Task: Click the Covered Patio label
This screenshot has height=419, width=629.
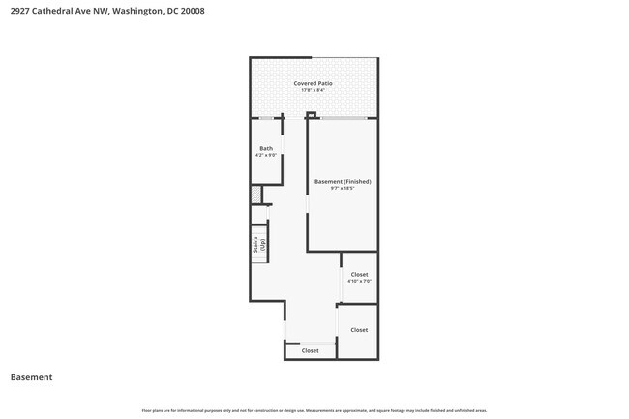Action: [x=313, y=83]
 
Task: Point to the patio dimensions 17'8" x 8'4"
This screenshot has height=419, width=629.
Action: [x=313, y=91]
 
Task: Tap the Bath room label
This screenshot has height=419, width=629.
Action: [x=266, y=148]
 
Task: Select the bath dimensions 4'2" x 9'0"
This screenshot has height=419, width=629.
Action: [x=266, y=155]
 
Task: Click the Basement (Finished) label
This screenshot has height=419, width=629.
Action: [x=343, y=181]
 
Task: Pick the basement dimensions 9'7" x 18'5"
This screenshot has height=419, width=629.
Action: [x=343, y=189]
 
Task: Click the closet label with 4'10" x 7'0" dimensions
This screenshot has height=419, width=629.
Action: [x=359, y=274]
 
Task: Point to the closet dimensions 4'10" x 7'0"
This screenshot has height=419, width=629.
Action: [x=359, y=282]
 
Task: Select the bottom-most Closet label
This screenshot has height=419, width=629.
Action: [x=310, y=350]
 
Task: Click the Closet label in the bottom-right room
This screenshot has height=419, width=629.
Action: [x=359, y=329]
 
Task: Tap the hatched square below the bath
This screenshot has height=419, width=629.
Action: [x=256, y=195]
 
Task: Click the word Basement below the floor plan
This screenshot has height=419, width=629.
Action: [x=32, y=377]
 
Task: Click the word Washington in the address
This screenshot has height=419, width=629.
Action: [x=134, y=12]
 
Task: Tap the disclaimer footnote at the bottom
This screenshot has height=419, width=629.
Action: [x=314, y=409]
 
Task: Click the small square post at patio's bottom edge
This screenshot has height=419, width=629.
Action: [x=312, y=116]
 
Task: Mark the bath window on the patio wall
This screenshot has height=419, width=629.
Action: [x=265, y=118]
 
